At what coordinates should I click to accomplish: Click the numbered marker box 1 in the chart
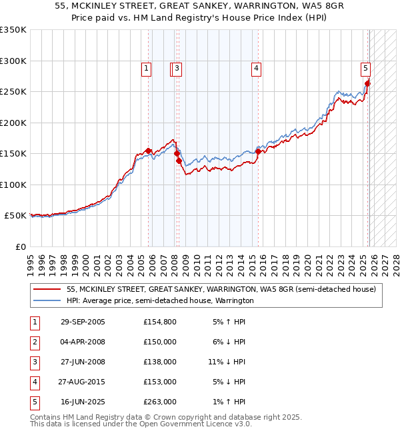click(146, 67)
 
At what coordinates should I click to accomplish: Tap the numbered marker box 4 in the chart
click(256, 67)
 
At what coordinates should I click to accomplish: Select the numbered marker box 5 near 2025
click(366, 67)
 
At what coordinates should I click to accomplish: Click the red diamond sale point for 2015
click(258, 152)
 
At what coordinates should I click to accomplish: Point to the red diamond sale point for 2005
click(149, 151)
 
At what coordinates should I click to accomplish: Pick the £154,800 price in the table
click(160, 322)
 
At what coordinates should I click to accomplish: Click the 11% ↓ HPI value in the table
click(227, 362)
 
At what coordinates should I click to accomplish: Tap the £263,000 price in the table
click(160, 402)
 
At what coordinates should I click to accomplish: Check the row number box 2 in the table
click(34, 342)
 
